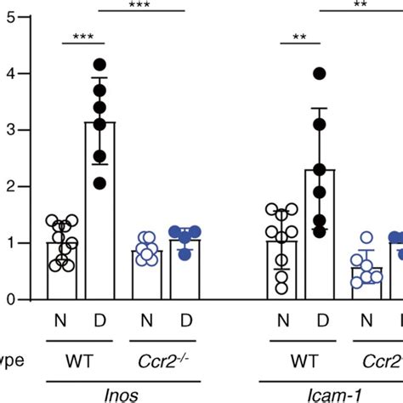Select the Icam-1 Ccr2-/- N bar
[367, 284]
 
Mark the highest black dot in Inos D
[100, 65]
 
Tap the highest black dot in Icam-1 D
[319, 73]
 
